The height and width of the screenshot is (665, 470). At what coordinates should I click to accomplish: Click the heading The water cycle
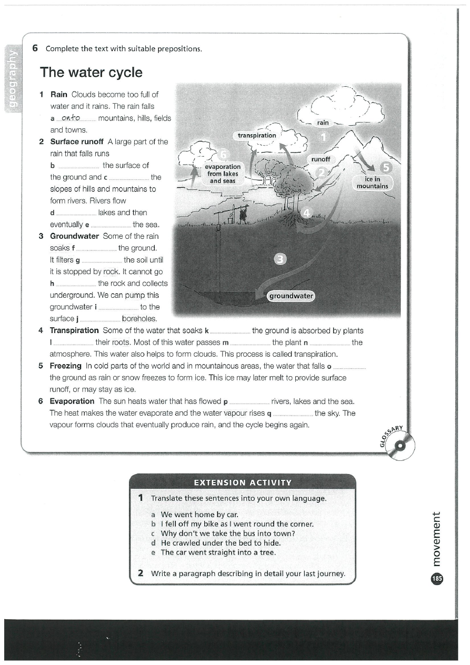pyautogui.click(x=91, y=72)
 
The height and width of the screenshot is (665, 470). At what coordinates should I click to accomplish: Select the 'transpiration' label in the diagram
pyautogui.click(x=257, y=135)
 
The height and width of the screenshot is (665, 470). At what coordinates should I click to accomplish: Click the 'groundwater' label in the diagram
pyautogui.click(x=291, y=296)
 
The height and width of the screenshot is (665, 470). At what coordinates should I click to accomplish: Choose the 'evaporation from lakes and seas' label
pyautogui.click(x=223, y=174)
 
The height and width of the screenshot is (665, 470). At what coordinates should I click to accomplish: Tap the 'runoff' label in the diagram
pyautogui.click(x=320, y=159)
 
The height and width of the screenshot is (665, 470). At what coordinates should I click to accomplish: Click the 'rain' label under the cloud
pyautogui.click(x=323, y=123)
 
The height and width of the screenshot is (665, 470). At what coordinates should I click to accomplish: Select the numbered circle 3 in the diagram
pyautogui.click(x=281, y=258)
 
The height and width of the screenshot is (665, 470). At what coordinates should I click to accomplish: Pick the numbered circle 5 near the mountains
pyautogui.click(x=386, y=168)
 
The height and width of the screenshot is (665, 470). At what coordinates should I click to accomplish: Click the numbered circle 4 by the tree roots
pyautogui.click(x=308, y=213)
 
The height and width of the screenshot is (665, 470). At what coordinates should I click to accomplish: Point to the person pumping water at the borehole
pyautogui.click(x=243, y=214)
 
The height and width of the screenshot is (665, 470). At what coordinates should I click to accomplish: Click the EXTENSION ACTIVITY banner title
pyautogui.click(x=242, y=482)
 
